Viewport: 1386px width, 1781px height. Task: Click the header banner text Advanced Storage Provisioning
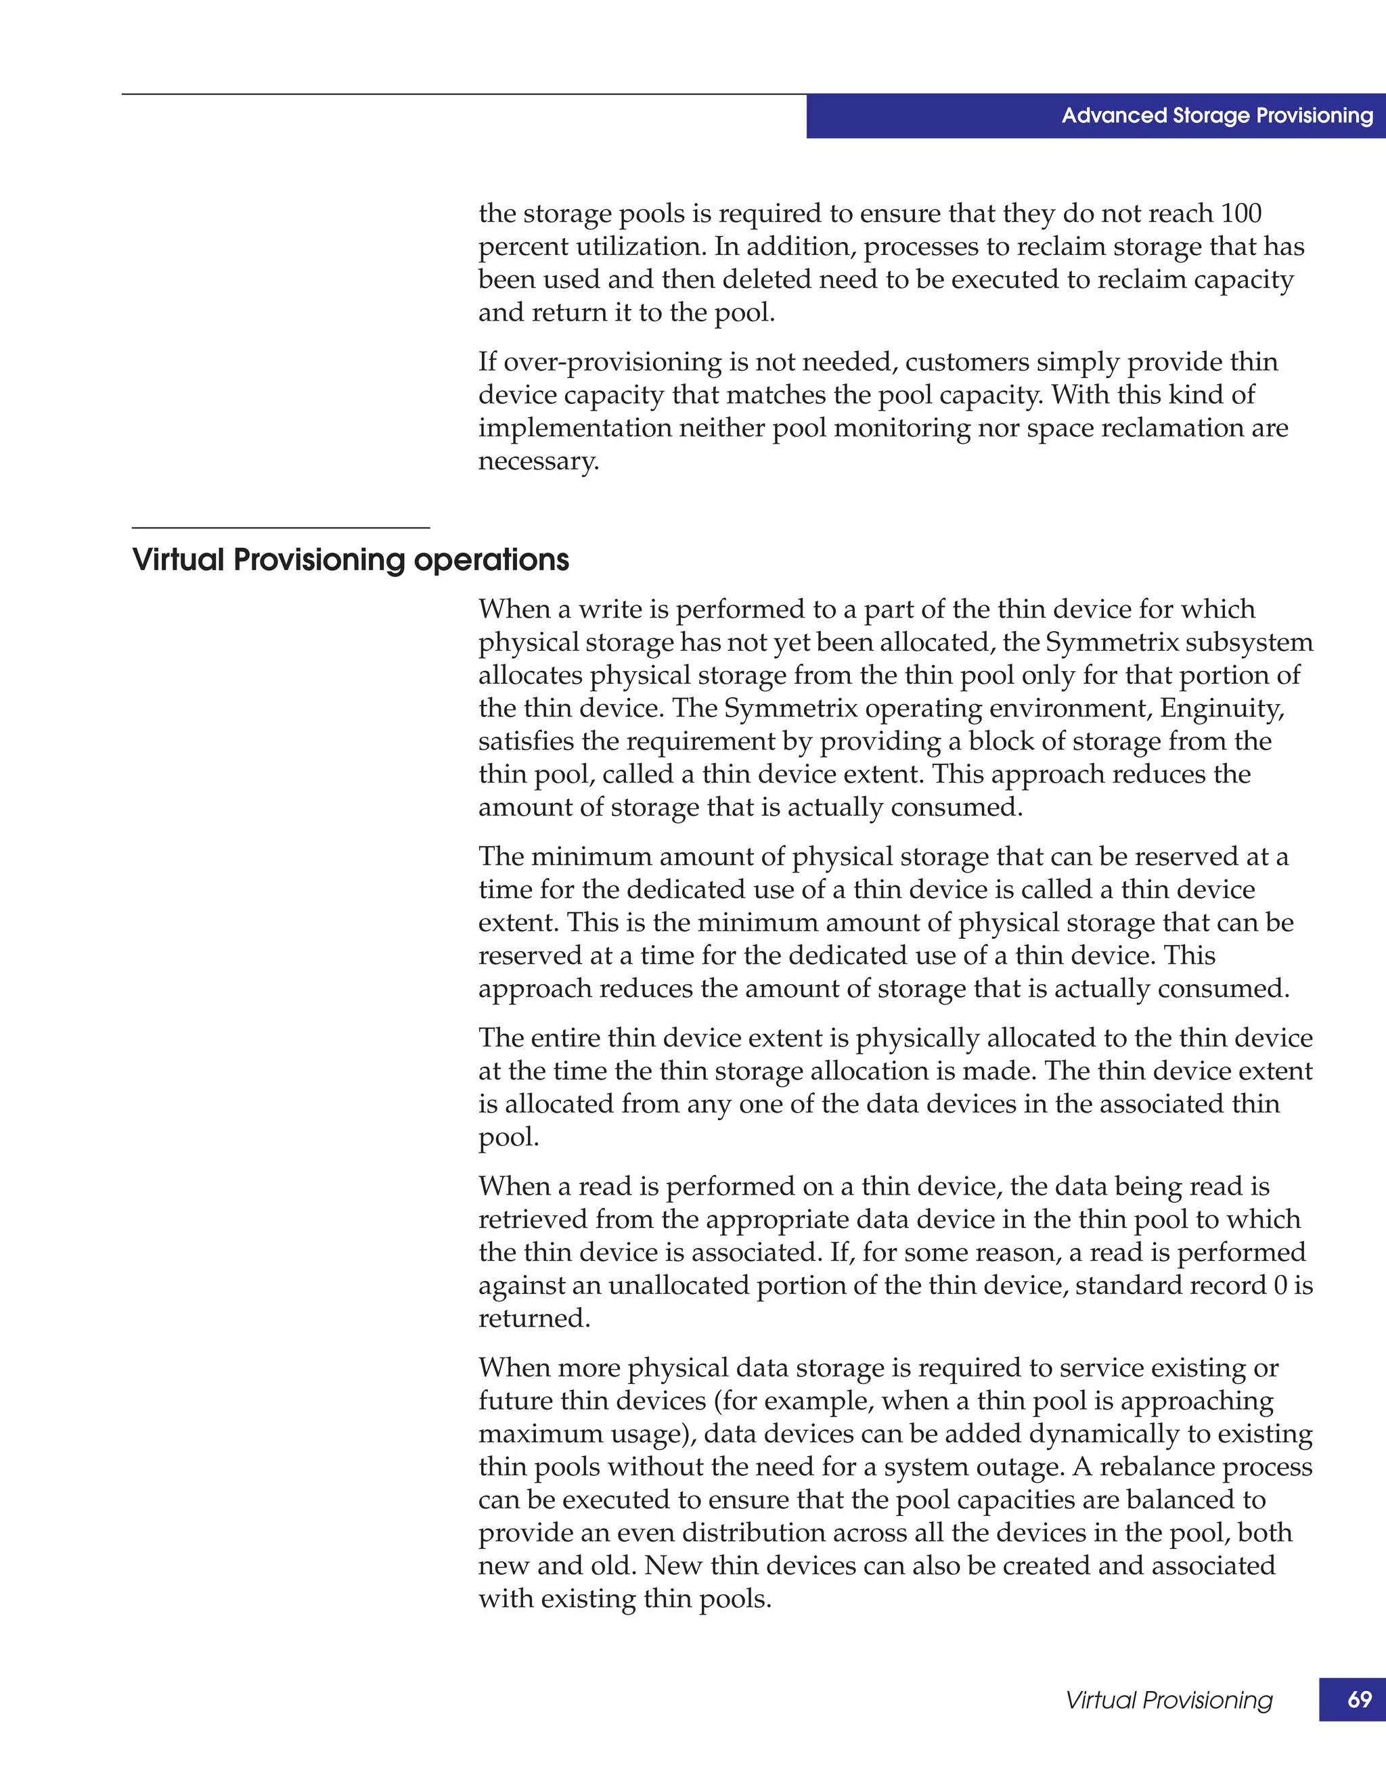click(x=1216, y=116)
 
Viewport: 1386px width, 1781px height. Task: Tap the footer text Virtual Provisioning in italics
click(x=1168, y=1701)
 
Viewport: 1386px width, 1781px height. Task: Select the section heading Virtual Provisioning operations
click(x=350, y=560)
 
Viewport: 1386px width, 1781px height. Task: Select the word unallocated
click(x=679, y=1286)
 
